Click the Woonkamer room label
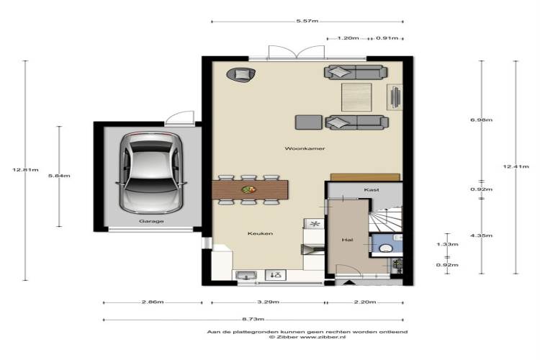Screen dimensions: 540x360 (305, 148)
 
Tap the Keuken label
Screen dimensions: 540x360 (260, 233)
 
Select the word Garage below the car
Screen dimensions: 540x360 (151, 221)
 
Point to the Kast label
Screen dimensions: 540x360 (372, 190)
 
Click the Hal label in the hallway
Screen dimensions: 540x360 (347, 240)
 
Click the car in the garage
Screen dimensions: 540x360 (151, 173)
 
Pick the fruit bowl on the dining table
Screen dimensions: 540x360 (248, 189)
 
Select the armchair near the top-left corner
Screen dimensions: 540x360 (240, 74)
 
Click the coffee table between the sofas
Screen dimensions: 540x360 (356, 97)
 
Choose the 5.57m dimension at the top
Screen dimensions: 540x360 (307, 21)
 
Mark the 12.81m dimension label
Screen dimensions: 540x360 (25, 169)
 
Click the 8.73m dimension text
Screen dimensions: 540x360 (253, 320)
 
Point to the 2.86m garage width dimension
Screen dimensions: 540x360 (153, 302)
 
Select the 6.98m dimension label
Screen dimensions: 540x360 (482, 120)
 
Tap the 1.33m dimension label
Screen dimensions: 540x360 (447, 244)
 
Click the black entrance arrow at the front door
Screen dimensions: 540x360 (349, 282)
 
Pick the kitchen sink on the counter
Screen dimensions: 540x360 (246, 275)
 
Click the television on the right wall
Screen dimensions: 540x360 (395, 96)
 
